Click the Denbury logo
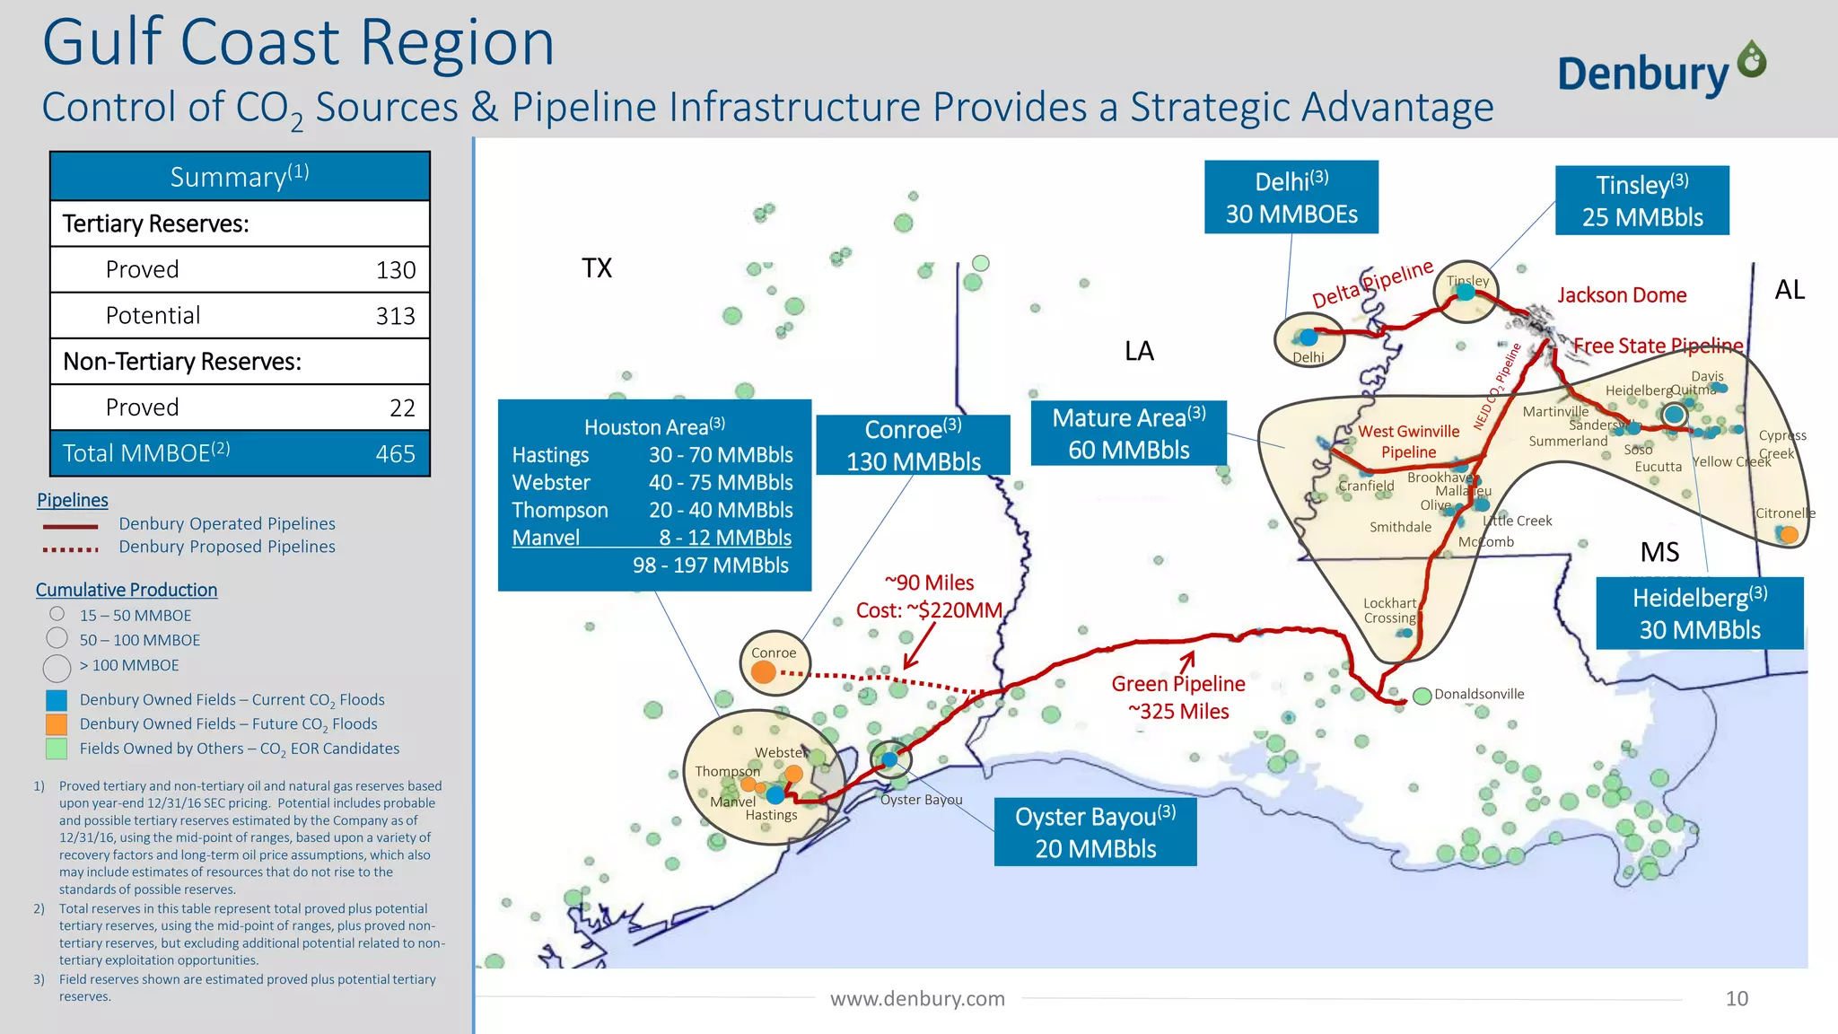[1660, 70]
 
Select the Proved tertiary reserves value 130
[395, 270]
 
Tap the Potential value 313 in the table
[395, 316]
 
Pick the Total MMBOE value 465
[395, 453]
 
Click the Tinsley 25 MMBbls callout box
[1641, 201]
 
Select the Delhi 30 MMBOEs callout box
[1291, 197]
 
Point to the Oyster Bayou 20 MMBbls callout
[1095, 832]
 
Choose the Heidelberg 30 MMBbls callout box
[1699, 613]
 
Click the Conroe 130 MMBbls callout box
[913, 445]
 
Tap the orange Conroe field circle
[764, 671]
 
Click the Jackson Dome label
[1622, 295]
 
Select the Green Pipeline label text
[1178, 684]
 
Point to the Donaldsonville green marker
[1422, 696]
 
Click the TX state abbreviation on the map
[597, 268]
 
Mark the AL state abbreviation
[1790, 290]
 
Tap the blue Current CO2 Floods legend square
[57, 700]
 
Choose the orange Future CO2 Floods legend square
[57, 724]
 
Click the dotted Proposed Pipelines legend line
[70, 549]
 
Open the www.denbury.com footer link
[917, 999]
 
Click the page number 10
[1737, 999]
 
